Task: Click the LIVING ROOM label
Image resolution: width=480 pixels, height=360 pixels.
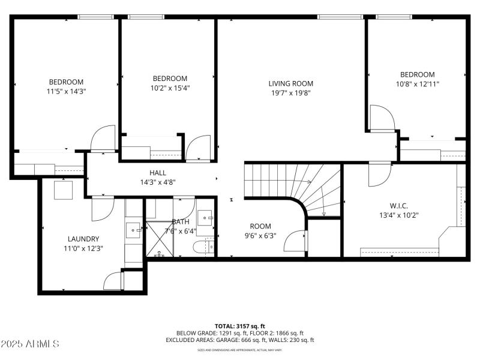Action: click(x=290, y=83)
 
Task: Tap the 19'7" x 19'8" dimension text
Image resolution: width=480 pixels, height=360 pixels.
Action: click(x=290, y=93)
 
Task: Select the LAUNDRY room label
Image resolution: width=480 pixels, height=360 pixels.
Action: click(x=83, y=239)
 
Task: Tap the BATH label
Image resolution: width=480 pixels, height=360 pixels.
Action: click(x=181, y=221)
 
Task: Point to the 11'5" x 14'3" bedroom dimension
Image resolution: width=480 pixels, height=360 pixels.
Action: click(x=66, y=92)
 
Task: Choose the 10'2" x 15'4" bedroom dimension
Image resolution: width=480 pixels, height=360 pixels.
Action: click(x=170, y=88)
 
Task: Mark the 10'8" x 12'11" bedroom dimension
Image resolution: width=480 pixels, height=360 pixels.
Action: click(x=417, y=85)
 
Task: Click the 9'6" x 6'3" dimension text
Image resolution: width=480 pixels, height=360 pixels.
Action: click(x=260, y=236)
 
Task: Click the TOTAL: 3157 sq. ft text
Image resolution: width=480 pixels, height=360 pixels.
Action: click(x=240, y=326)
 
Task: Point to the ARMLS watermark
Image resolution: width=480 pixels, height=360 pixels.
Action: click(x=30, y=344)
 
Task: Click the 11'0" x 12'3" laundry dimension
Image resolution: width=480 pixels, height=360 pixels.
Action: click(x=83, y=248)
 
